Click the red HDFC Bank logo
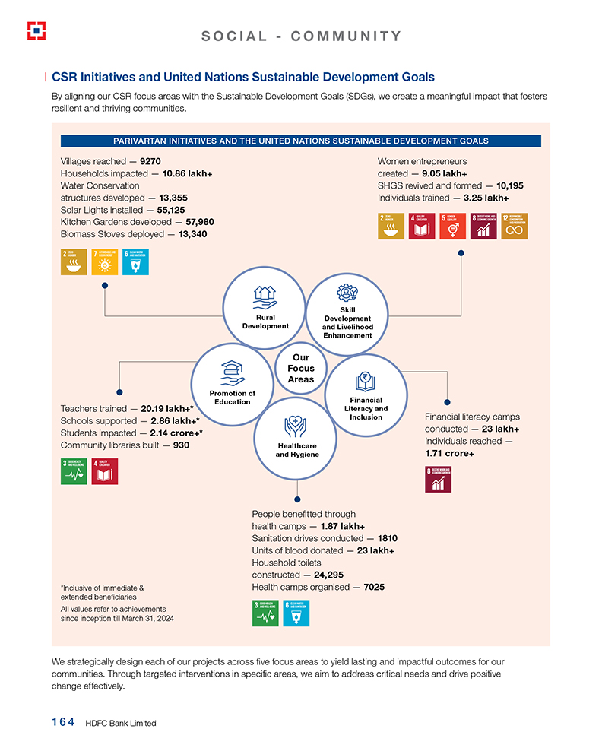click(36, 31)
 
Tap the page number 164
click(58, 723)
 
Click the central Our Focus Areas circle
click(301, 369)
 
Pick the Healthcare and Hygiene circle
click(296, 438)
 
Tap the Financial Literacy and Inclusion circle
click(366, 395)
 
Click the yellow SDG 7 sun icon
click(104, 261)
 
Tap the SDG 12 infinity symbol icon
click(515, 227)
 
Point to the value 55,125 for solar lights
click(171, 209)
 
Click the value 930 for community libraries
click(181, 445)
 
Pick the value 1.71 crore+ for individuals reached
click(449, 453)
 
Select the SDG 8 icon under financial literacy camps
click(439, 480)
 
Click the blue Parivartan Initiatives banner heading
click(300, 141)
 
